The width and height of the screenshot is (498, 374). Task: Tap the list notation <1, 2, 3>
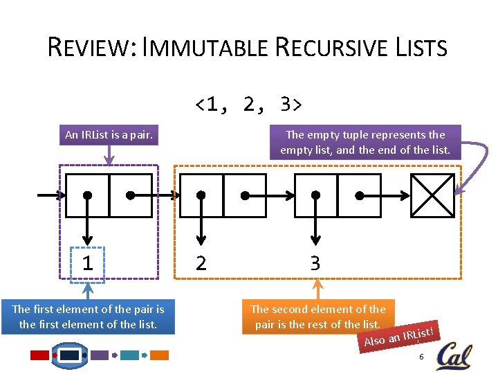pos(248,105)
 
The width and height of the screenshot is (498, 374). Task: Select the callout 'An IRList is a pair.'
pos(109,135)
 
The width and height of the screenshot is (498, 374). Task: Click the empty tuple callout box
pos(365,142)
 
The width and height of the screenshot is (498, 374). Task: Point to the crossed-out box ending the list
pos(432,195)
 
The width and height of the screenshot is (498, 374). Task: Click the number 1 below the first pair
pos(87,263)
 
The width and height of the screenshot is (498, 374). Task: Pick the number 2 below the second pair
pos(201,263)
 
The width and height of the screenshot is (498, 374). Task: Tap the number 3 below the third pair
pos(315,263)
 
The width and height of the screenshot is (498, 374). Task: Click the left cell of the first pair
pos(87,195)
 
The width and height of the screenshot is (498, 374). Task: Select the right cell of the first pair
pos(131,195)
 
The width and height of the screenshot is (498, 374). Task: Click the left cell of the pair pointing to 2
pos(201,195)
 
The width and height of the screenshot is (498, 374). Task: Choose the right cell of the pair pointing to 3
pos(359,195)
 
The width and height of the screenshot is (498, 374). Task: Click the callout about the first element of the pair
pos(89,317)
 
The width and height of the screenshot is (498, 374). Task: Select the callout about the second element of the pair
pos(317,317)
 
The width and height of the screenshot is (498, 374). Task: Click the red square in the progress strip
pos(40,355)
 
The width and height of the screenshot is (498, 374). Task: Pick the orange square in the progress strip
pos(160,355)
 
